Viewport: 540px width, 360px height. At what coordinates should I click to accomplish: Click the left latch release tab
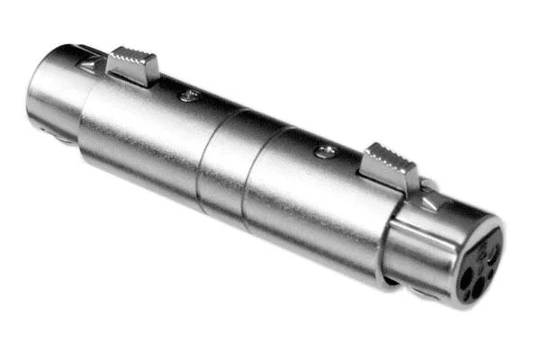click(x=132, y=64)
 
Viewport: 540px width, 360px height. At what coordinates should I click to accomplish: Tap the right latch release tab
click(x=389, y=165)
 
